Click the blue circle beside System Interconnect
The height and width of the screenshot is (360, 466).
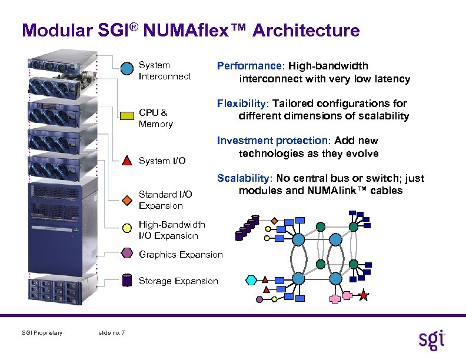point(127,69)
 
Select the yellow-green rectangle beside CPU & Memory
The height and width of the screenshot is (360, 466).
point(127,115)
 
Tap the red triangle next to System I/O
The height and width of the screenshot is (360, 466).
point(127,160)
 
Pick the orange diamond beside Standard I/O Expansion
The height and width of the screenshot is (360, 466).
point(127,199)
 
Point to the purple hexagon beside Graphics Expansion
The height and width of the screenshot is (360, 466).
point(127,254)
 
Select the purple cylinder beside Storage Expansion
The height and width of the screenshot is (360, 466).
point(127,280)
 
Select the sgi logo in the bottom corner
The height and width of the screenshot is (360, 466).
point(432,339)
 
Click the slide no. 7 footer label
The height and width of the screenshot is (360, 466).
point(111,334)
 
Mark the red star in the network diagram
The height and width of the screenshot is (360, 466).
point(364,295)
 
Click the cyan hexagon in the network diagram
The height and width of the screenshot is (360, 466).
point(251,279)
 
